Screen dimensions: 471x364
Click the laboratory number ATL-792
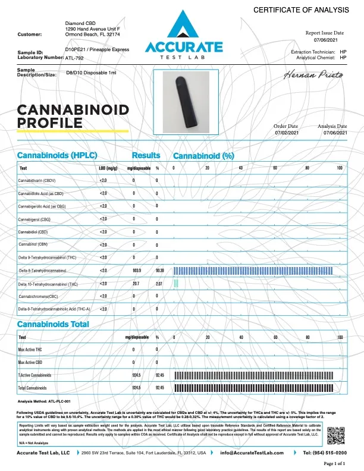point(74,59)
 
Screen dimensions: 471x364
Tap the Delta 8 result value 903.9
point(136,270)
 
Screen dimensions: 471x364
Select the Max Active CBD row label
point(31,362)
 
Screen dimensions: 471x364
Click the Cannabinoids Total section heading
point(53,324)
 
